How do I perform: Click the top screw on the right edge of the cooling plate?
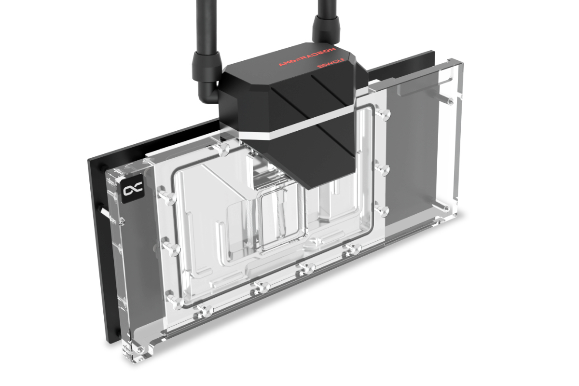tap(384, 114)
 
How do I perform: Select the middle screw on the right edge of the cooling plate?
tap(384, 169)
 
